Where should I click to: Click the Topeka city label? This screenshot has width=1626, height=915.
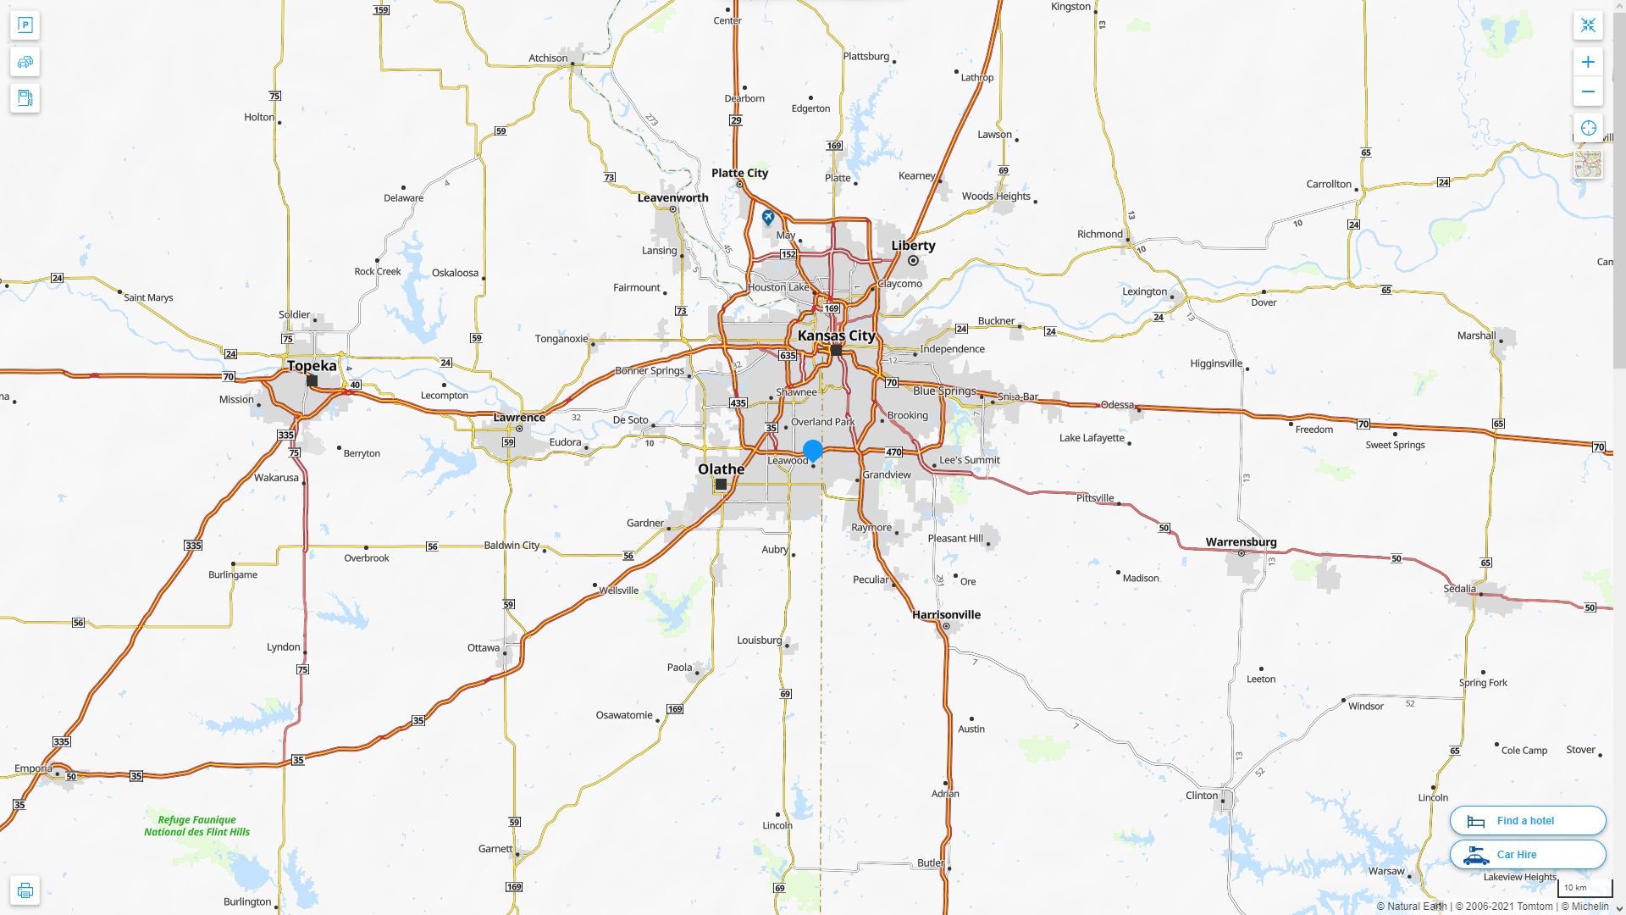[312, 366]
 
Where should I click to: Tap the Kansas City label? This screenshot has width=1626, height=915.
[836, 335]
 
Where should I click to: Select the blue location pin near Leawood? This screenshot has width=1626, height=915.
[813, 450]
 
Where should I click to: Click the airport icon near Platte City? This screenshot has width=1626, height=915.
[768, 218]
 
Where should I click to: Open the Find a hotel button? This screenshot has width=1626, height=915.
[1528, 820]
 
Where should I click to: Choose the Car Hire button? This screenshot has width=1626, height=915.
[1528, 854]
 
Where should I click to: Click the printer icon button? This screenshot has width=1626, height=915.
[25, 890]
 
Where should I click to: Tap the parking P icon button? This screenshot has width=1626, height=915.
[25, 25]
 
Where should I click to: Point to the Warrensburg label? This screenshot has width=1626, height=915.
[1241, 542]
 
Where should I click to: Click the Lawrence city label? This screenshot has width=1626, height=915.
[519, 418]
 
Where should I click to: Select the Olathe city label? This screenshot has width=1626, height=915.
[721, 469]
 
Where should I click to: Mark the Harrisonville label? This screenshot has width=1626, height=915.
[946, 615]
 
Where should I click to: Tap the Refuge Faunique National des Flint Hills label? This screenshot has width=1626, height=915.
[196, 826]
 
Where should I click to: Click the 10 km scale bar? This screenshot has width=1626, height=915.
[1585, 888]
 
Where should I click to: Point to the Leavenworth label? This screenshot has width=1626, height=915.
[672, 198]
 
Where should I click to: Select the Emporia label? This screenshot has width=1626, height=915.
[33, 768]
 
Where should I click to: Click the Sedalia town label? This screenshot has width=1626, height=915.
[1459, 589]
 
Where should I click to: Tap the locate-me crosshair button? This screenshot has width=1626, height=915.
[1588, 128]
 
